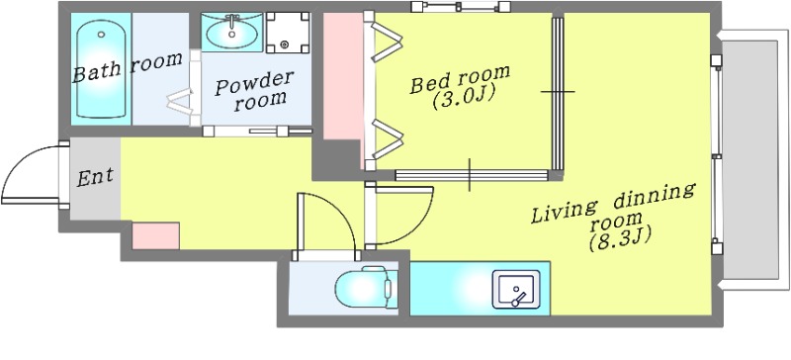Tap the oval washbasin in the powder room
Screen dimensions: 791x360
232,32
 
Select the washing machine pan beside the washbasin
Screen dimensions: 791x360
288,33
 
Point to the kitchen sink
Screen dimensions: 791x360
516,289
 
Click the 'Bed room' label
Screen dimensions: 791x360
459,78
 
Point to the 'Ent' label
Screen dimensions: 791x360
95,178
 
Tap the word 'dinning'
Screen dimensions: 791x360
655,197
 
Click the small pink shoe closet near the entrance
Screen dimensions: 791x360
155,235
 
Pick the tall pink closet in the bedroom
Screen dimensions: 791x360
343,76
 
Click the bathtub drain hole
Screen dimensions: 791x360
102,35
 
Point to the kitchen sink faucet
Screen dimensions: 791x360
518,299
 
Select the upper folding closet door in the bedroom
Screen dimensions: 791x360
387,42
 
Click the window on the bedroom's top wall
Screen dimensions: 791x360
461,7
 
